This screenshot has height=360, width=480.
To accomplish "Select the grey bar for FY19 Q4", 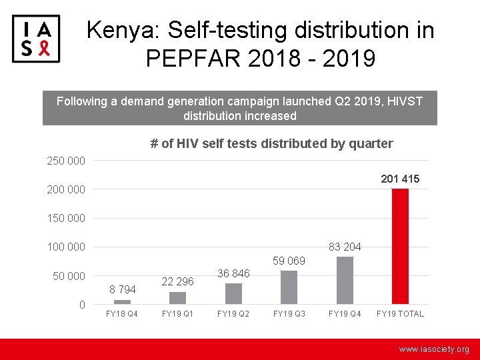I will [x=345, y=280].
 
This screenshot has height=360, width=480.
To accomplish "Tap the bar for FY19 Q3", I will [x=289, y=287].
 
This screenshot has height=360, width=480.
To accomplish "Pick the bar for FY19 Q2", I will [x=233, y=293].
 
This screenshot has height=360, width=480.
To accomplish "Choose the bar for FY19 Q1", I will [x=178, y=297].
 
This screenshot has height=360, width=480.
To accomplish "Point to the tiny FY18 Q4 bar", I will [x=122, y=302].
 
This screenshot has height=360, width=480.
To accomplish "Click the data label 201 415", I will [x=400, y=179].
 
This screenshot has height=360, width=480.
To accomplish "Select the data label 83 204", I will [x=345, y=247].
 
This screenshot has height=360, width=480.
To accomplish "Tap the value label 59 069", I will [x=289, y=261].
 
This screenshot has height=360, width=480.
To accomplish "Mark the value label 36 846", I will [x=233, y=273].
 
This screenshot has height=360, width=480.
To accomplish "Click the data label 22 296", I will [x=178, y=281].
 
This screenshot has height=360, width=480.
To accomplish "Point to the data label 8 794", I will [x=122, y=289].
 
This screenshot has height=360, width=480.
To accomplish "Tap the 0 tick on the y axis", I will [x=81, y=305].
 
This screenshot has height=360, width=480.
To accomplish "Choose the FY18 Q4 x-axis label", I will [x=122, y=313].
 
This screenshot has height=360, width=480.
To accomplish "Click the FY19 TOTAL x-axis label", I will [x=400, y=313].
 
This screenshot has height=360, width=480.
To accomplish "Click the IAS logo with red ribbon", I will [x=36, y=39].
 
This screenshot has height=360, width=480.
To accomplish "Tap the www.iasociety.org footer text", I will [x=434, y=349].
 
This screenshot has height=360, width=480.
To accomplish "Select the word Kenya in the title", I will [x=123, y=30].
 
